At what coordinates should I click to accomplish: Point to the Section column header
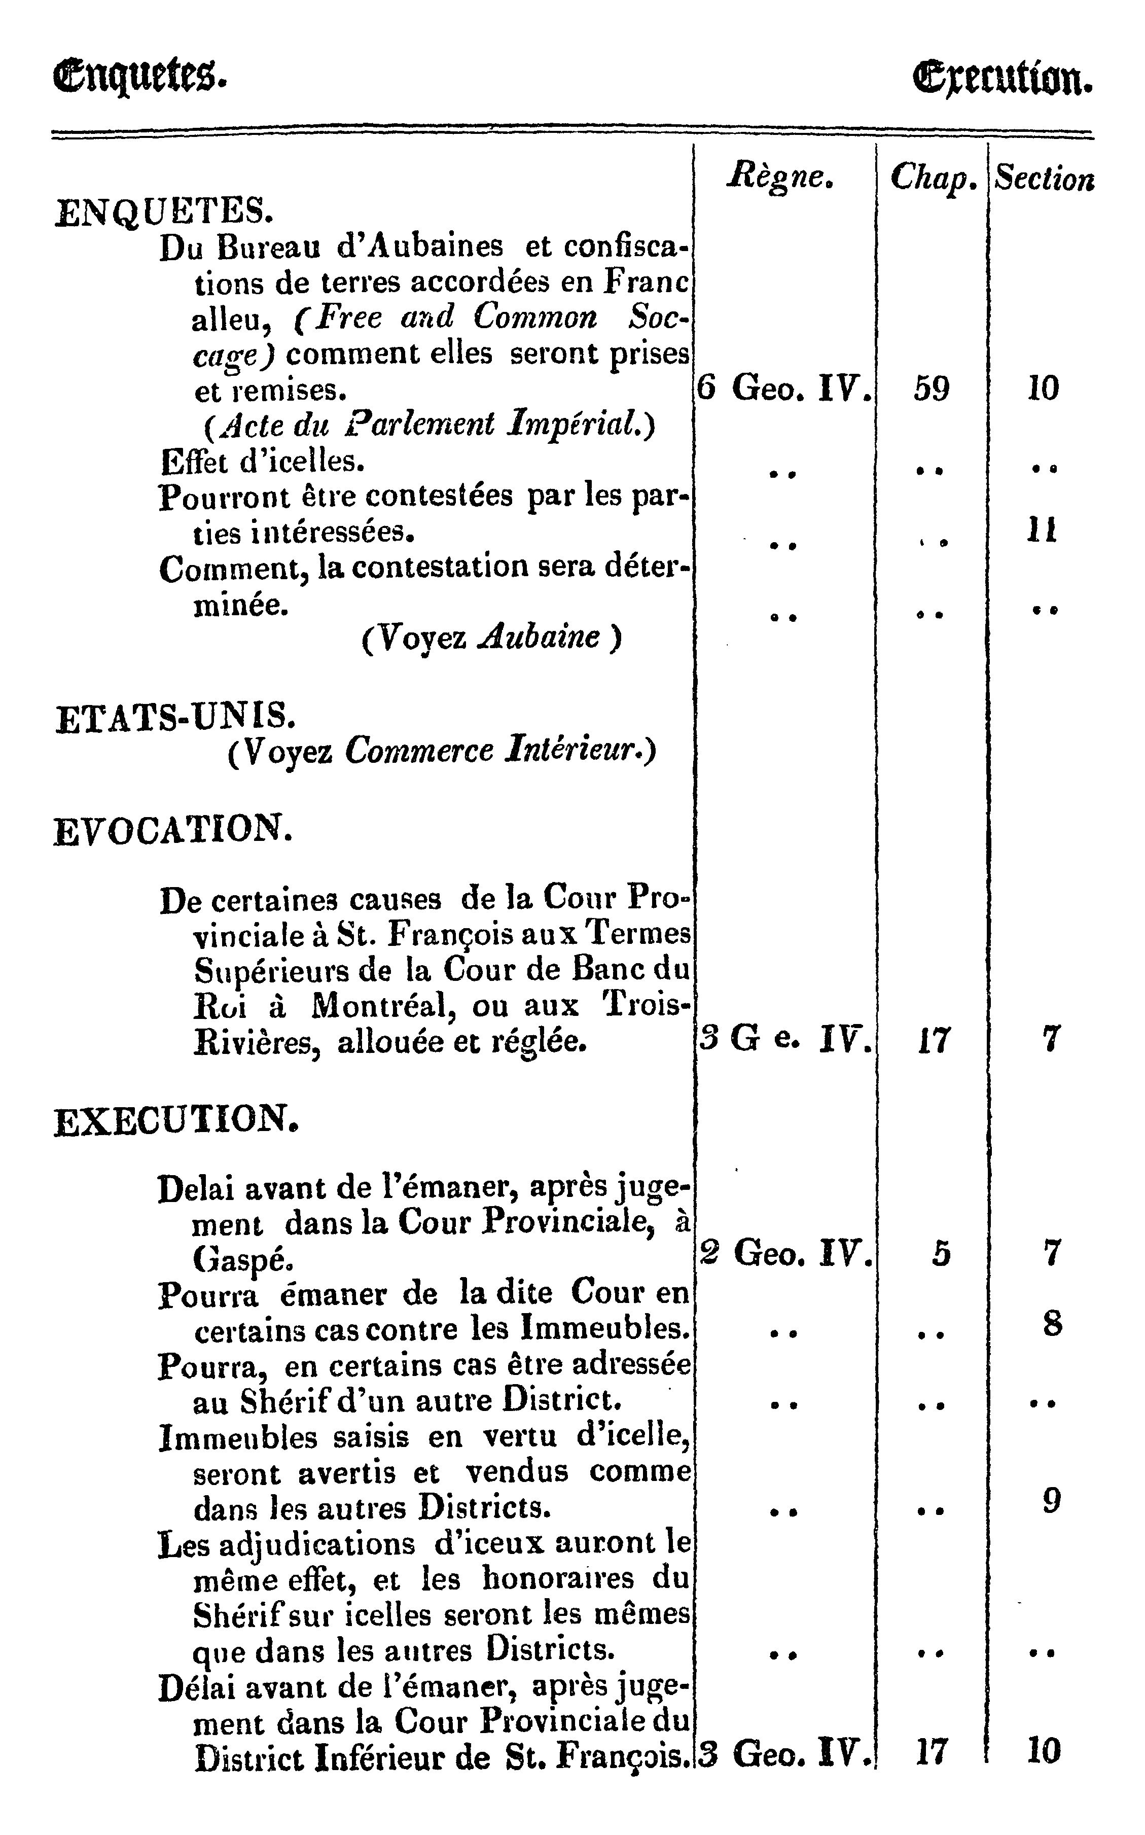(x=1044, y=179)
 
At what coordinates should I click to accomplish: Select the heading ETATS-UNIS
(x=172, y=717)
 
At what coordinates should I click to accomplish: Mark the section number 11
(x=1042, y=530)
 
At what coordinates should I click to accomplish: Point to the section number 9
(x=1052, y=1500)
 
